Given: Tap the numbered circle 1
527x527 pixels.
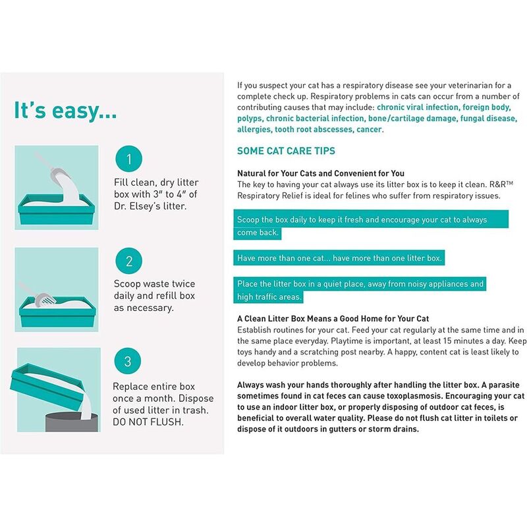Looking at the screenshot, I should pyautogui.click(x=129, y=159).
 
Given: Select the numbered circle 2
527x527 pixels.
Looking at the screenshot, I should pyautogui.click(x=129, y=261).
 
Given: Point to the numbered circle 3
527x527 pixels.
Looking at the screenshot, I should pyautogui.click(x=129, y=362).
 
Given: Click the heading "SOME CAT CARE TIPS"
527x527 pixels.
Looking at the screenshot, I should pyautogui.click(x=286, y=152).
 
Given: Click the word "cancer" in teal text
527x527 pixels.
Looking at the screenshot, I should pyautogui.click(x=369, y=130).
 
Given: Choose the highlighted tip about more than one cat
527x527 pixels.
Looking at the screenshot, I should pyautogui.click(x=339, y=258).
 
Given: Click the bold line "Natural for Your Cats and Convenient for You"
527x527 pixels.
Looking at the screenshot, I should pyautogui.click(x=321, y=173).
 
